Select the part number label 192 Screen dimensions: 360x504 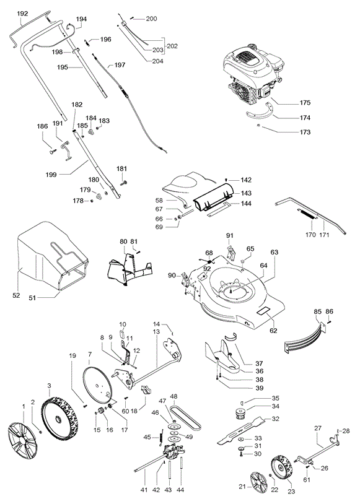click(x=22, y=14)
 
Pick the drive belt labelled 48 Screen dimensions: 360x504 click(x=185, y=417)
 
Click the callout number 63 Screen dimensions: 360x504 click(x=274, y=253)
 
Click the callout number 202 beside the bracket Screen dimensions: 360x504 click(x=172, y=46)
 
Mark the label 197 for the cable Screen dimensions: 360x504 click(x=120, y=65)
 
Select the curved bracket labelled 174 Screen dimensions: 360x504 click(x=259, y=111)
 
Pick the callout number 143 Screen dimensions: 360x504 click(x=246, y=193)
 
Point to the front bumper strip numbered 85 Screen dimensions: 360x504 click(x=305, y=339)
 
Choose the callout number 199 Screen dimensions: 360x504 click(x=51, y=175)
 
